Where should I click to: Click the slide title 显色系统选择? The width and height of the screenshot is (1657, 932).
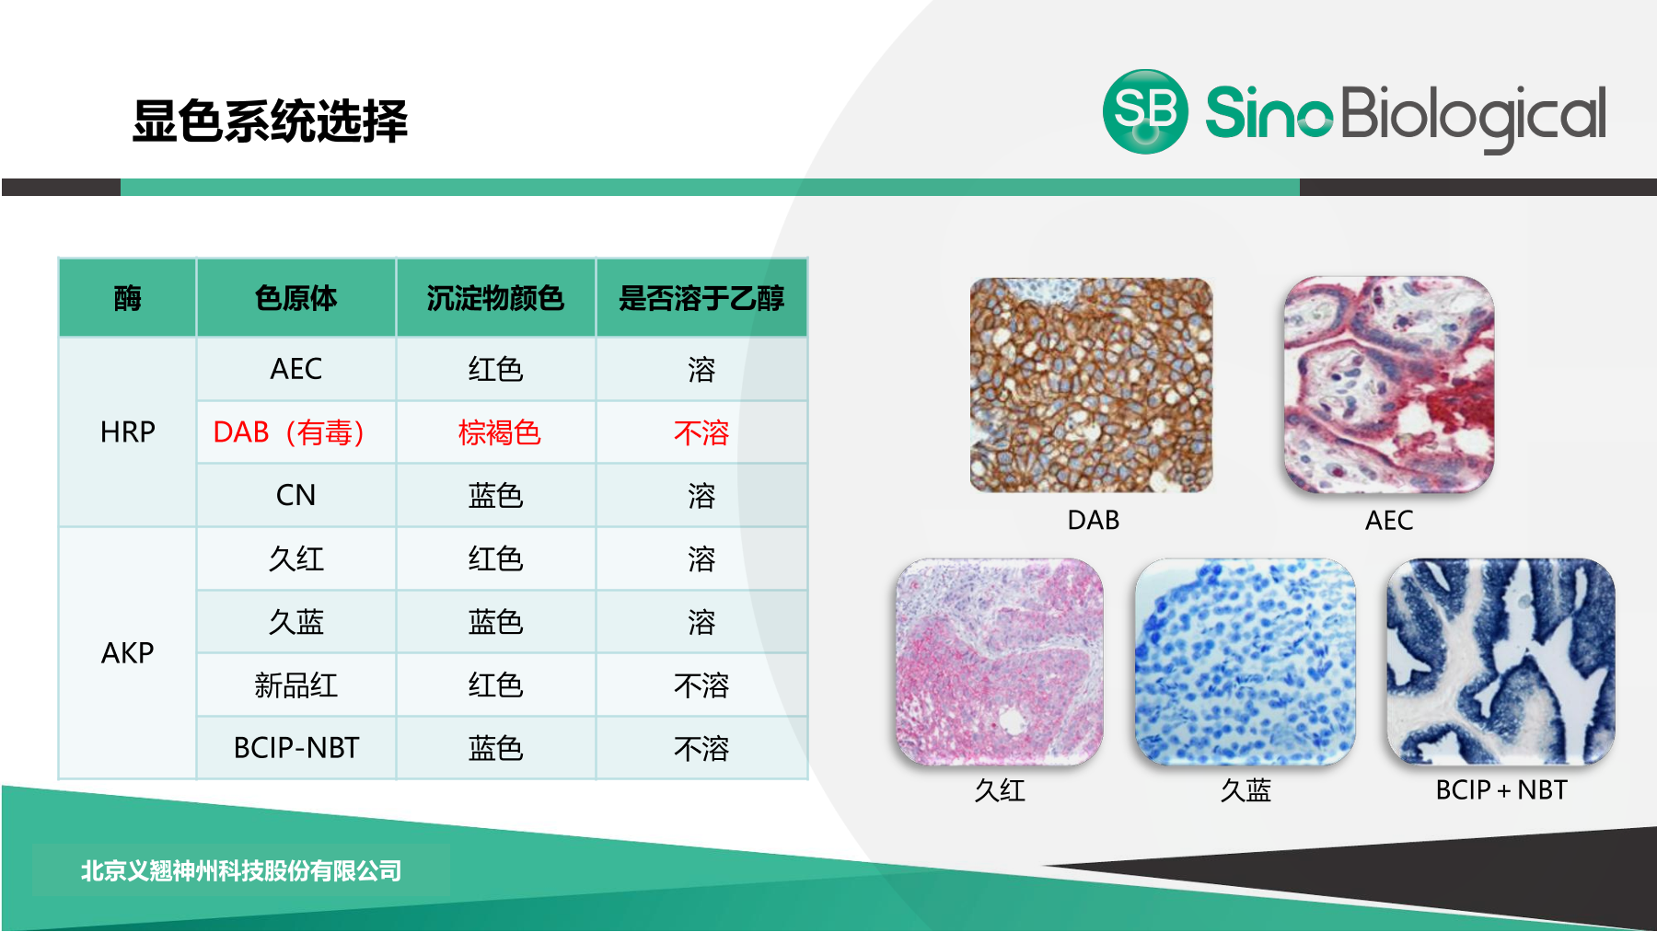click(x=270, y=121)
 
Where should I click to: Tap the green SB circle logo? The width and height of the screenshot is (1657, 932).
click(x=1145, y=111)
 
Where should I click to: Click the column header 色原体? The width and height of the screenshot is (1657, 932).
click(x=295, y=298)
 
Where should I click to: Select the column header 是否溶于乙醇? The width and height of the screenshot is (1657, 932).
click(x=701, y=298)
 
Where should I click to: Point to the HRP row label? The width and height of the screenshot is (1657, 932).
click(x=127, y=431)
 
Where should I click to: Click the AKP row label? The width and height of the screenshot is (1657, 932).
click(x=127, y=653)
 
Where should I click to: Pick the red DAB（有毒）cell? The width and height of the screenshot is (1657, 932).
click(x=290, y=431)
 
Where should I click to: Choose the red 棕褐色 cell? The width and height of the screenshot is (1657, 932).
click(x=499, y=432)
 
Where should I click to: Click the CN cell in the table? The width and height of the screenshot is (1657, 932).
click(x=295, y=495)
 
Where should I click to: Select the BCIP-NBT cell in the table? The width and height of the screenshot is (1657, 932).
click(x=295, y=748)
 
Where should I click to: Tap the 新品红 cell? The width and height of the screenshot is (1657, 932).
click(x=295, y=685)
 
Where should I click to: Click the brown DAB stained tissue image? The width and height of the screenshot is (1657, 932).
click(x=1091, y=385)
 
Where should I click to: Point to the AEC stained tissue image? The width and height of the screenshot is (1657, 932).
click(x=1389, y=385)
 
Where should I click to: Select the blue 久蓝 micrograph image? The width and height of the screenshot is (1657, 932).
click(x=1245, y=662)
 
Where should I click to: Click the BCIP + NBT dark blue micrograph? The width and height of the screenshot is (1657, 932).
click(x=1501, y=662)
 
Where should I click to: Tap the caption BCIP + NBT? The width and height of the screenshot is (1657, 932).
click(x=1501, y=789)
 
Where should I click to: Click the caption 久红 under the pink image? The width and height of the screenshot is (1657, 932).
click(x=1000, y=790)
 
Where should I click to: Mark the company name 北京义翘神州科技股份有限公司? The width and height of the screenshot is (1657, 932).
click(x=241, y=870)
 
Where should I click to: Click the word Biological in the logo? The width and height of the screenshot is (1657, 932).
click(x=1474, y=117)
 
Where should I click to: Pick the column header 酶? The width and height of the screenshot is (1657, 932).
click(x=127, y=298)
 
